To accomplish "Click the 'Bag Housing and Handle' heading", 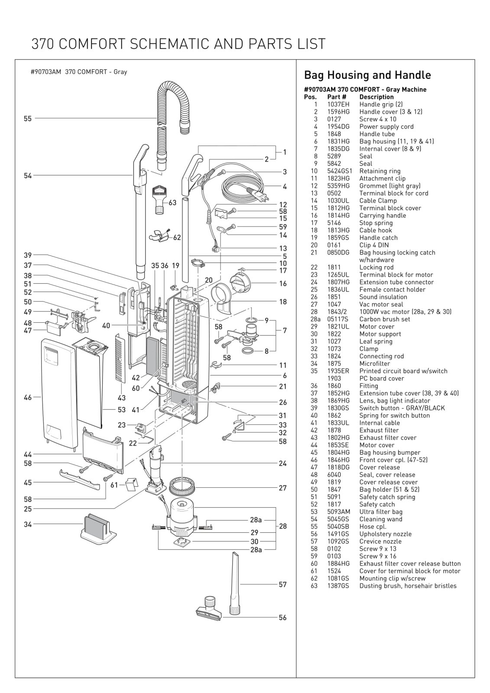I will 367,75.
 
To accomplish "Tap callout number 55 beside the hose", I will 28,118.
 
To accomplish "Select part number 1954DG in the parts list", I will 338,126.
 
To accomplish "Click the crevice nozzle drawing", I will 235,583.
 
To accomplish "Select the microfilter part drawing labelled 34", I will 98,528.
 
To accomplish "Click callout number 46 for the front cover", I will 28,397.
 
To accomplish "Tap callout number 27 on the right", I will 282,488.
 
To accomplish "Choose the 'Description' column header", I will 376,97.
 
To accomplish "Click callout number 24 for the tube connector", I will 282,463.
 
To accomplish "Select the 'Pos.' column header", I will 310,97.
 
